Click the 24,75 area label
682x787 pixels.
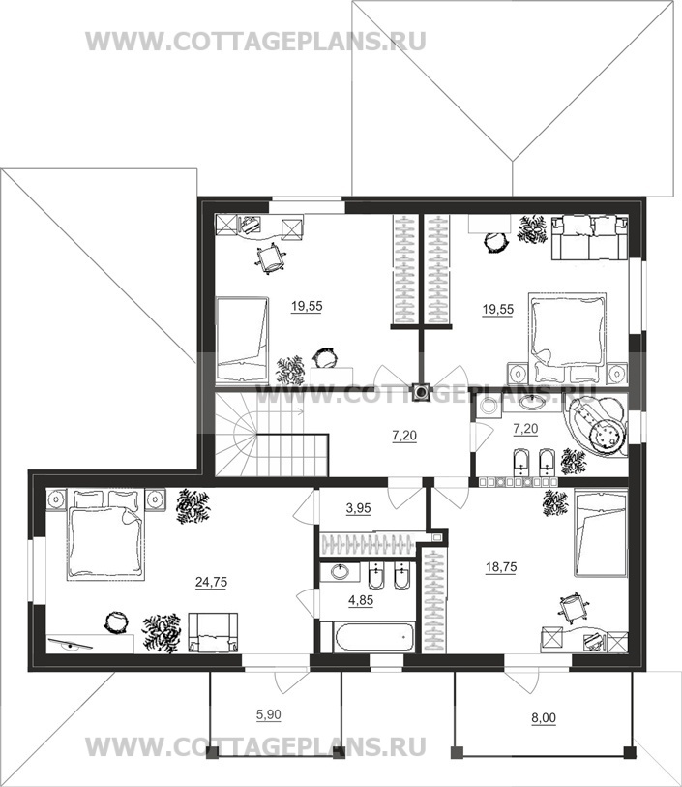tap(211, 582)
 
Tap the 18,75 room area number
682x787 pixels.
tap(501, 567)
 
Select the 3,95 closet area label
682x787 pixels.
tap(359, 508)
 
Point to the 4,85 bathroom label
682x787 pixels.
tap(361, 600)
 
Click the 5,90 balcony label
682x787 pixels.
tap(269, 714)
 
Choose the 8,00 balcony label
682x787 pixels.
tap(544, 718)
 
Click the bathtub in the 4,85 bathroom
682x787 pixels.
tap(374, 637)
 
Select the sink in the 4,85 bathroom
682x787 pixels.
tap(340, 571)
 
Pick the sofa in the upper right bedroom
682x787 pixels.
tap(590, 238)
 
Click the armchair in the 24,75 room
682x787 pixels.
tap(213, 632)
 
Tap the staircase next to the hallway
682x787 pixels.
tap(271, 435)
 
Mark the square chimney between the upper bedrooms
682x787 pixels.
tap(421, 392)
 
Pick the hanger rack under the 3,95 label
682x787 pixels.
tap(368, 544)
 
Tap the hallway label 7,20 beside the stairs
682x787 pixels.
tap(404, 436)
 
